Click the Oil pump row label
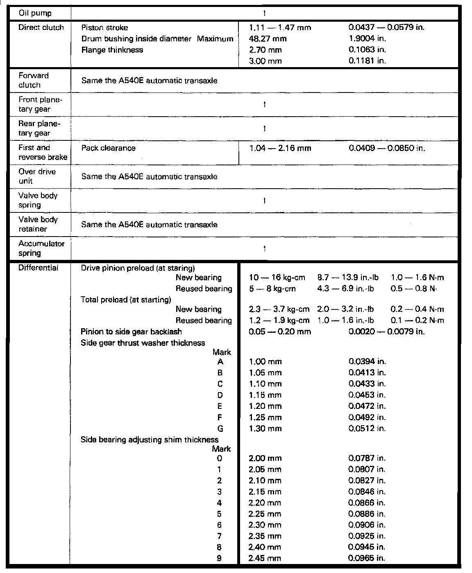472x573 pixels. (35, 13)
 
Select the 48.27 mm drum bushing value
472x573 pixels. (268, 39)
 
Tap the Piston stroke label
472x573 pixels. (104, 28)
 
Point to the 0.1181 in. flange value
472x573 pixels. (367, 61)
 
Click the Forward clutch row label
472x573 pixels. (34, 80)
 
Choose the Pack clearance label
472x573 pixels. (108, 148)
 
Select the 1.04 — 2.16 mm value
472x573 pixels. (280, 148)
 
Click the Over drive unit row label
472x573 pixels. (37, 176)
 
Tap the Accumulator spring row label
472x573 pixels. (36, 248)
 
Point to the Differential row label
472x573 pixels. (38, 268)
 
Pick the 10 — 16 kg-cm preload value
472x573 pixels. (277, 277)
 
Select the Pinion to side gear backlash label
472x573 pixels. (131, 332)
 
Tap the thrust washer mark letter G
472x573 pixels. (220, 429)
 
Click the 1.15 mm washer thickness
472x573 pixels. (265, 395)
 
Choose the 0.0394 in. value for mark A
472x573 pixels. (367, 361)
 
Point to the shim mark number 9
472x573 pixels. (220, 558)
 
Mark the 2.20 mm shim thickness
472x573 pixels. (265, 503)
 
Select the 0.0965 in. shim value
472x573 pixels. (367, 558)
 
